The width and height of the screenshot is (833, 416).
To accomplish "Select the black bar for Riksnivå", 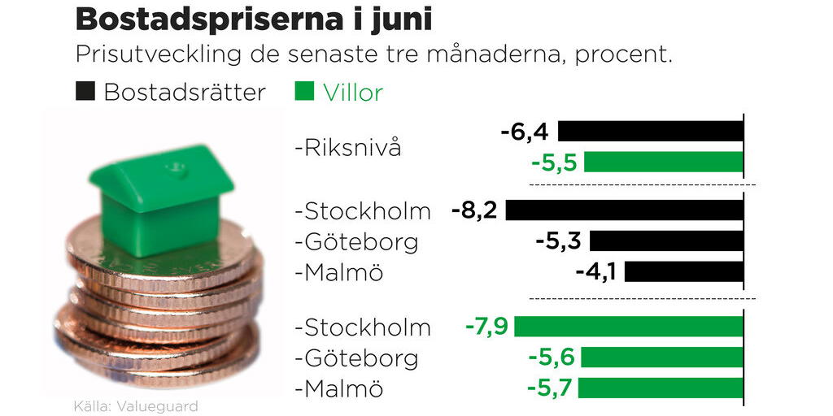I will coord(650,132).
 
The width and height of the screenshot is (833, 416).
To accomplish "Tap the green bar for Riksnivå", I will coord(663,162).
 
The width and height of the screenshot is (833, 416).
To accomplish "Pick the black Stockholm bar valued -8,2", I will coord(624,210).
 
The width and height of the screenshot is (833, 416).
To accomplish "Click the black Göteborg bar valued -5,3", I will coord(666,241).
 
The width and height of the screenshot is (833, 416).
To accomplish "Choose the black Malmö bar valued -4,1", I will coord(683,271).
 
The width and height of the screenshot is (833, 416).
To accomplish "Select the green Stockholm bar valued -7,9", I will coord(628,327).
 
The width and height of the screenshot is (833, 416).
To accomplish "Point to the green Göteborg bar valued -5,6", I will coord(661,357).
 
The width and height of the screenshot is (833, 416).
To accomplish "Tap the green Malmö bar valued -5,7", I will coord(660,388).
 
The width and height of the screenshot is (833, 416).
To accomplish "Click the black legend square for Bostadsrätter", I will coord(85,91).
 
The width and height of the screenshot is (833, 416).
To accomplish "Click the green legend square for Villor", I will coord(303,91).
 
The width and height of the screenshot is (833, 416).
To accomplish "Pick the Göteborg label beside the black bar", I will coord(356,241).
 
